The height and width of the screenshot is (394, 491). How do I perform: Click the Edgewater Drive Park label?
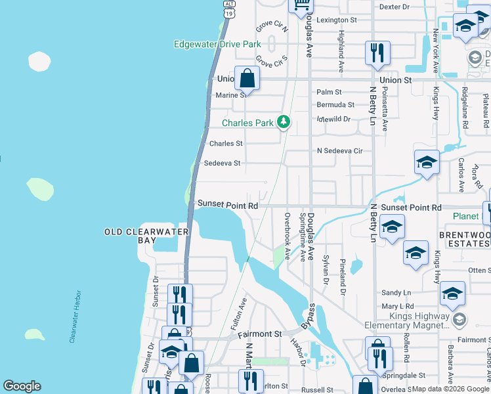(217, 45)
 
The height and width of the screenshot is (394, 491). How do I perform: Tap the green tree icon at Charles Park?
(284, 121)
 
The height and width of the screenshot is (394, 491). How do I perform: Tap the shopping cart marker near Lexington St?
(301, 5)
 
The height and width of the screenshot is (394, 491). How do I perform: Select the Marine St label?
(230, 95)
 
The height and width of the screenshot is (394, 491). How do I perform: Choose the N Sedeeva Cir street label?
(339, 150)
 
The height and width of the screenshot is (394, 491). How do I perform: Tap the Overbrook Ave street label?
(288, 236)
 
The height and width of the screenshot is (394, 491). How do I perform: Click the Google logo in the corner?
(22, 386)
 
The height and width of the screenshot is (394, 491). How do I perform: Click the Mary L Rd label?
(398, 306)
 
